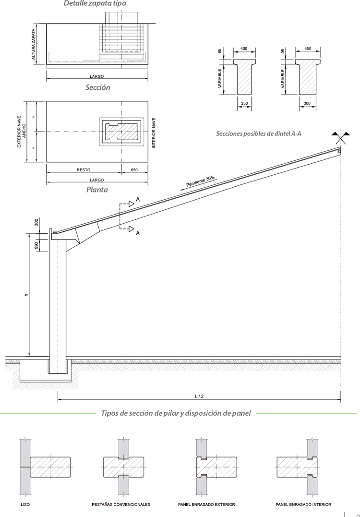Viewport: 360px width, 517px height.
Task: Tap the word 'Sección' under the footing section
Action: tap(97, 87)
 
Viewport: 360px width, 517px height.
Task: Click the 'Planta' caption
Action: tap(97, 190)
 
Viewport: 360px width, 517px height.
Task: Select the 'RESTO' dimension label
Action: tap(84, 169)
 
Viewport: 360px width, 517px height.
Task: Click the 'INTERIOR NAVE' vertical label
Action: tap(154, 132)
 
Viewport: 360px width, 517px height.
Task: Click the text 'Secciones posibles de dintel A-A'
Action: tap(259, 133)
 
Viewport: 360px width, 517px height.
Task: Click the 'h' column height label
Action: tap(26, 295)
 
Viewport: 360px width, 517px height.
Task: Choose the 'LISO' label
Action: tap(25, 505)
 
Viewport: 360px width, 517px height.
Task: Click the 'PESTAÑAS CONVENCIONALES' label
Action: tap(121, 505)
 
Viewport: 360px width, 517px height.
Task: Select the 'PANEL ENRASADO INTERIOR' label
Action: tap(303, 505)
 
